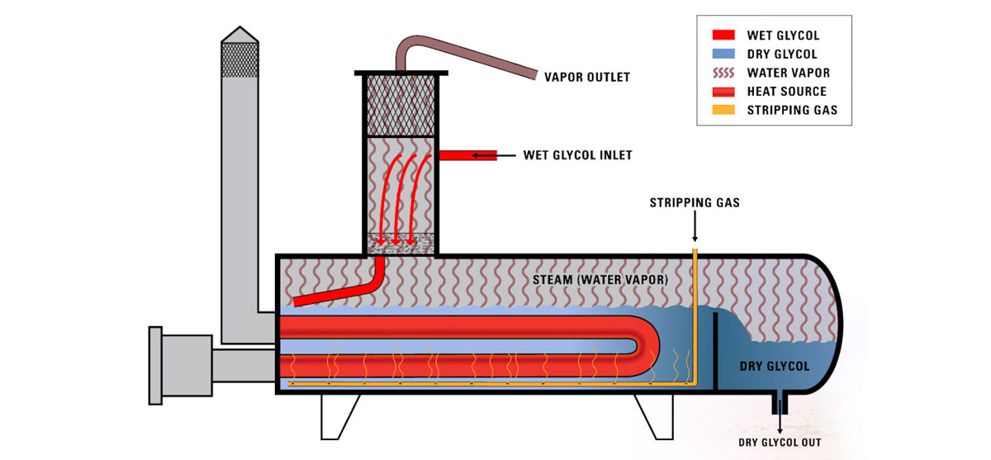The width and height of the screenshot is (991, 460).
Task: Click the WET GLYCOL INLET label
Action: [578, 154]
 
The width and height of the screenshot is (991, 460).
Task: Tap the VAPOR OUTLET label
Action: [586, 78]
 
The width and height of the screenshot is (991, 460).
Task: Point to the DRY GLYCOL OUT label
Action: [780, 442]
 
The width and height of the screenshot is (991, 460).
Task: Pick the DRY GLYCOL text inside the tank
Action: [775, 366]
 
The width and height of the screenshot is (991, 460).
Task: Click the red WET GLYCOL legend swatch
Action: [722, 36]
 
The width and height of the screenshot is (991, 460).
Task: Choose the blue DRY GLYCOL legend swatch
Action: [722, 55]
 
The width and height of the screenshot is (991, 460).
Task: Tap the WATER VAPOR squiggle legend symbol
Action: [722, 73]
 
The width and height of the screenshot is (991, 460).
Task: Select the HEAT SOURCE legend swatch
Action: [722, 91]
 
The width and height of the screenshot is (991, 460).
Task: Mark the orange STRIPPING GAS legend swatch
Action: [722, 110]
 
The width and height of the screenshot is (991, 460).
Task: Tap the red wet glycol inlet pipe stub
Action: [467, 155]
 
